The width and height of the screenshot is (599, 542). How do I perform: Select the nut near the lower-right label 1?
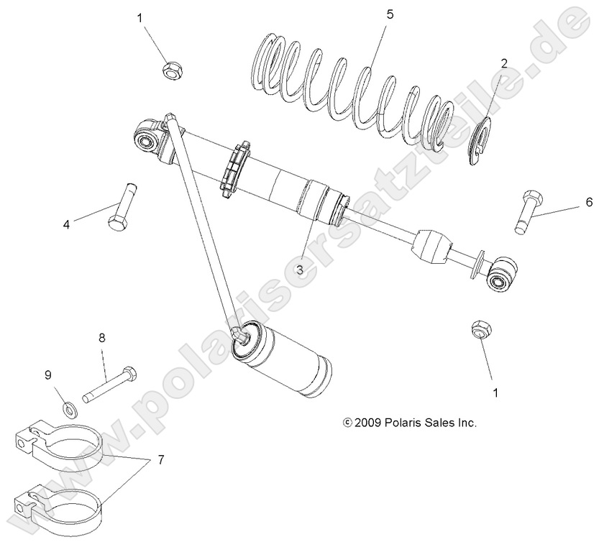(x=480, y=330)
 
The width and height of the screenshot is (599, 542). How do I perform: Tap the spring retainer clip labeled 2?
(x=487, y=141)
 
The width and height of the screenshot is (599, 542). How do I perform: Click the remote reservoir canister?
(x=288, y=359)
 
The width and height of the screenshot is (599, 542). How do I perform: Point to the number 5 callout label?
(x=390, y=14)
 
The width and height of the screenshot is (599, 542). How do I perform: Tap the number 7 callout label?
(x=161, y=459)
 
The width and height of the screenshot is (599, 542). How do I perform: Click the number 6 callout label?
(x=588, y=201)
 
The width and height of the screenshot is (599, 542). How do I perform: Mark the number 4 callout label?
(x=66, y=224)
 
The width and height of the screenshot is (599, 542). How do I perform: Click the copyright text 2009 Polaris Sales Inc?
(x=410, y=423)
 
